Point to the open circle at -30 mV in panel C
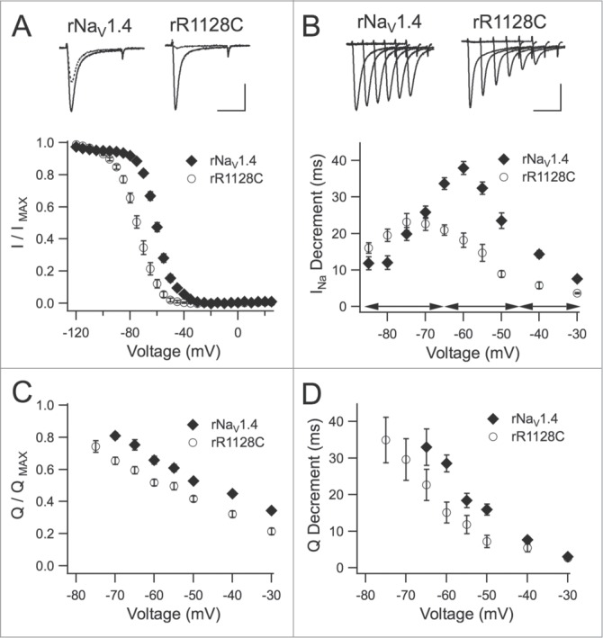point(272,532)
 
